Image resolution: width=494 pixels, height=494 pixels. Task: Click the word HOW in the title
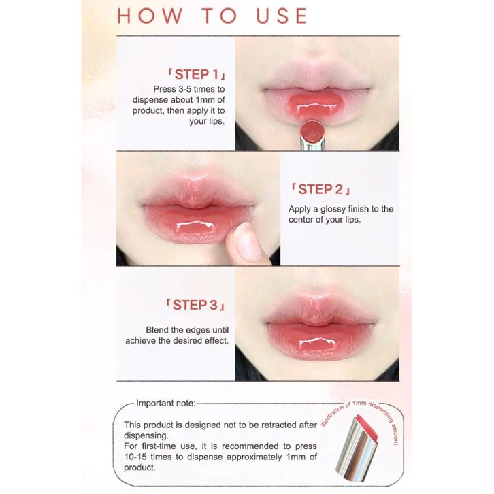click(150, 16)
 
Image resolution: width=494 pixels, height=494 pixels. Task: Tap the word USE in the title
click(282, 16)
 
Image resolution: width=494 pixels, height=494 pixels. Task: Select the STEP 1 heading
click(196, 74)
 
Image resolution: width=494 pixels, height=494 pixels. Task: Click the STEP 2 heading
click(320, 189)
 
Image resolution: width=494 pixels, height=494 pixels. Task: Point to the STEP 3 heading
click(195, 305)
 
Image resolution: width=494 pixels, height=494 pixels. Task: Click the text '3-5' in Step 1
click(184, 89)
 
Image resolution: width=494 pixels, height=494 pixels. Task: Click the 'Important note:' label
click(166, 404)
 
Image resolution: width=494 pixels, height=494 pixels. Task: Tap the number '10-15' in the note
click(136, 457)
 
